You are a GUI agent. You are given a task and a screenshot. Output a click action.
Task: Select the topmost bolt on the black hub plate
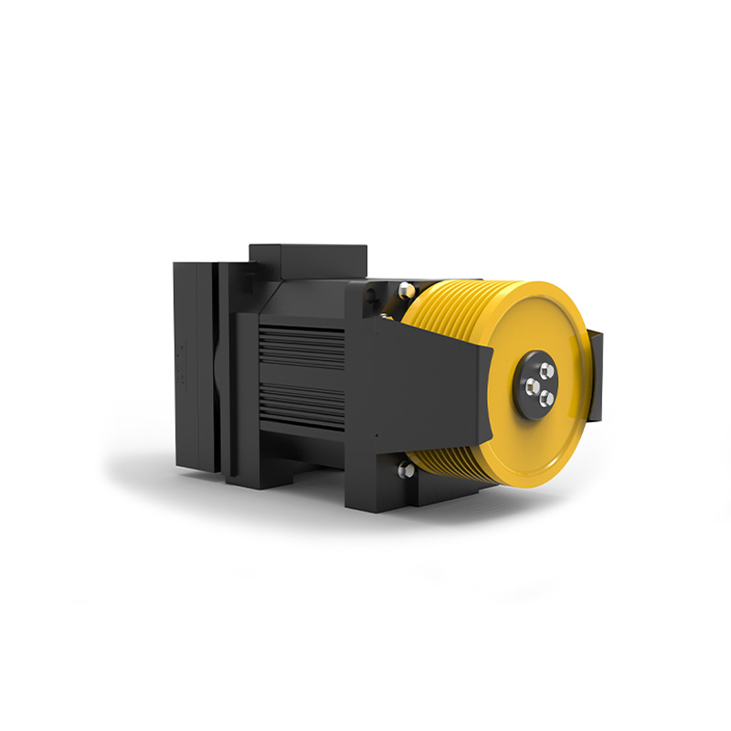pos(546,370)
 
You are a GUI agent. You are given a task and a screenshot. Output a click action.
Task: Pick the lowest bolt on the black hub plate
pos(546,397)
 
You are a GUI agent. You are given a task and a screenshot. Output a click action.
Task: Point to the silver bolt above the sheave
pos(406,291)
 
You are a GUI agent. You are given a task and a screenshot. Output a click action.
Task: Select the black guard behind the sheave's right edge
pos(596,375)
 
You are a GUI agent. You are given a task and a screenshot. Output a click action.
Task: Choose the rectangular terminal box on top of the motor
pos(308,260)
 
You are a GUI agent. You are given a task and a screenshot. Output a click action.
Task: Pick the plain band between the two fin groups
pos(302,376)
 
